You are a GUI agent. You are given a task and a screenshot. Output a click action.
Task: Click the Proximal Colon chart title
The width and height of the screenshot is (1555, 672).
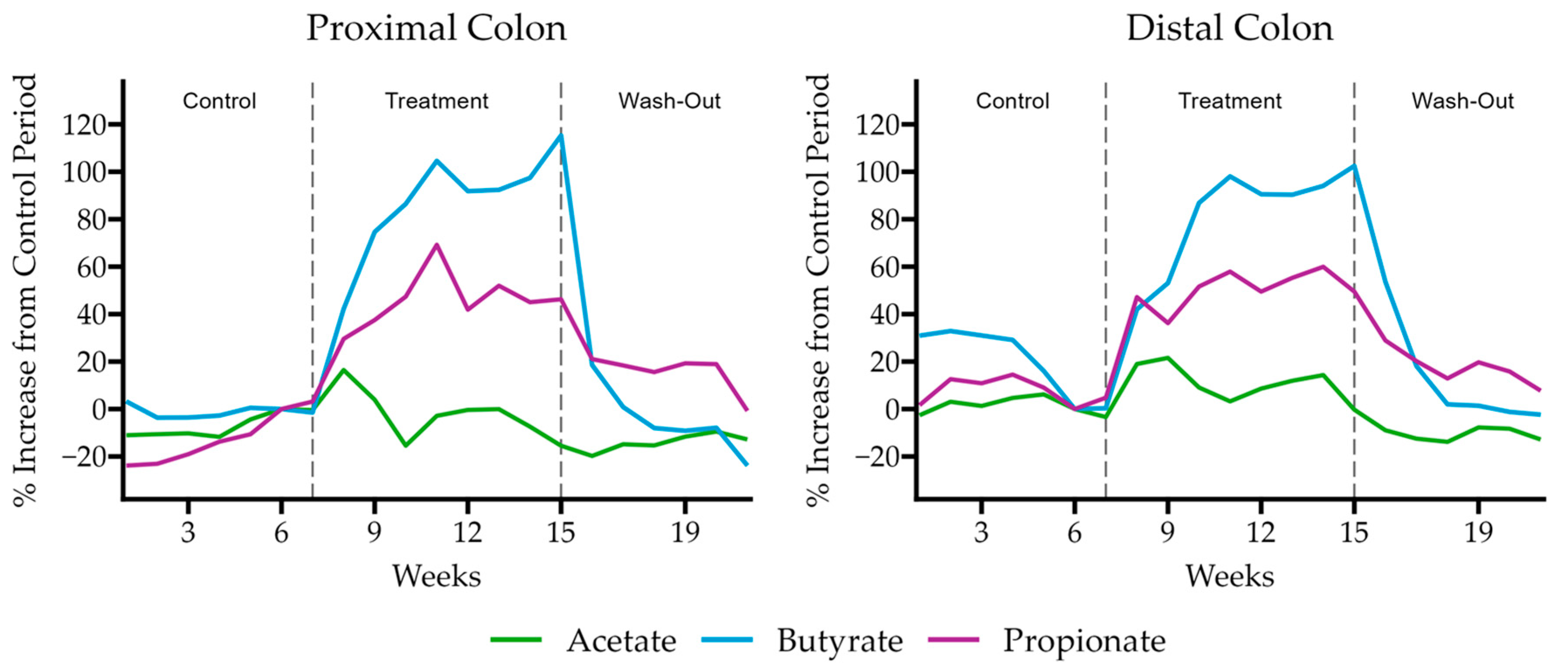436,28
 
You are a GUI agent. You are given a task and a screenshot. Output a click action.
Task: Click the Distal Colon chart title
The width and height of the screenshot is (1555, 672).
1230,28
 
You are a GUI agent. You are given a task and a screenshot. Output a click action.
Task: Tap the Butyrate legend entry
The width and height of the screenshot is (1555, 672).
840,641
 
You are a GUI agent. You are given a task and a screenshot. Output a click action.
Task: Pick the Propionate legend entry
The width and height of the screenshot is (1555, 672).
1084,641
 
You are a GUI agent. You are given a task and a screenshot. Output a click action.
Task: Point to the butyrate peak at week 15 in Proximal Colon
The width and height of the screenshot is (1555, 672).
561,135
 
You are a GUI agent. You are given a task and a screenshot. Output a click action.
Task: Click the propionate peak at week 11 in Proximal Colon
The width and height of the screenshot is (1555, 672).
436,245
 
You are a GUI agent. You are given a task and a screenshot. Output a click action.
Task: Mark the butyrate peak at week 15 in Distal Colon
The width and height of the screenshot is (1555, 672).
1354,166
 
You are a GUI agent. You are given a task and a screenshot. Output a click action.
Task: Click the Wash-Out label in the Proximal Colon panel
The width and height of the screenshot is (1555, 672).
669,101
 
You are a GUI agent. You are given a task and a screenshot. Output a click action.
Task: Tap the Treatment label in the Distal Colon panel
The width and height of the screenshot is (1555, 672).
1230,101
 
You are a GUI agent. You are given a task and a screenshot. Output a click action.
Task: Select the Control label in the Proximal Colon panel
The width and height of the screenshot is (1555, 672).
219,101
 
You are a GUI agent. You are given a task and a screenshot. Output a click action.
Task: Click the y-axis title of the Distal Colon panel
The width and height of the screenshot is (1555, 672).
819,290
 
